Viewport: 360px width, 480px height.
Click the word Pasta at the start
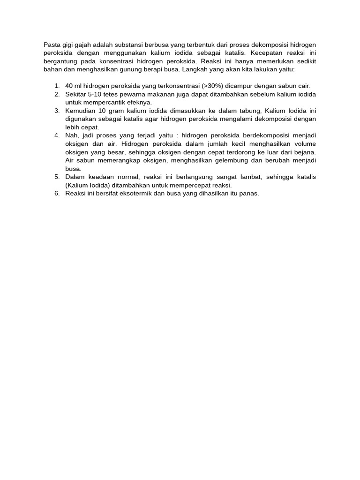[52, 45]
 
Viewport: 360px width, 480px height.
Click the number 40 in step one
[69, 86]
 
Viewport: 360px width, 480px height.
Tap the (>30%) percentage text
[213, 86]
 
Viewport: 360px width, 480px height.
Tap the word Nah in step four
[72, 135]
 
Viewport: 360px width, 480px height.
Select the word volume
[304, 143]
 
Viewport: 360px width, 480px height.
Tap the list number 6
[56, 193]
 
